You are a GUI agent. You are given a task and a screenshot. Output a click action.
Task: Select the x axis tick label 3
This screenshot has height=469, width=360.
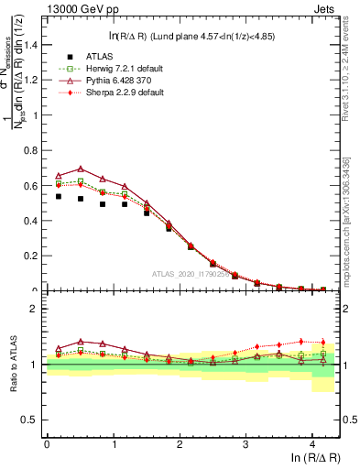[246, 442]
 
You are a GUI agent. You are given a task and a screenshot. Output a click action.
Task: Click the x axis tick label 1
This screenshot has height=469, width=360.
[114, 442]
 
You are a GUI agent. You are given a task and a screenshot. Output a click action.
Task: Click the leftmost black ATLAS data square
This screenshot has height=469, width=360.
[59, 196]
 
